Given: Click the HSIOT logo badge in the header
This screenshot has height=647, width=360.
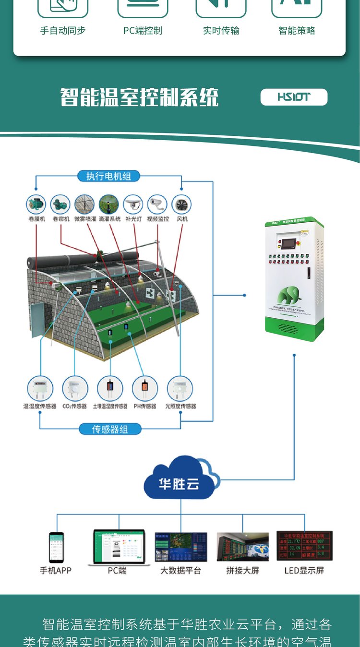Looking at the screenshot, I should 294,97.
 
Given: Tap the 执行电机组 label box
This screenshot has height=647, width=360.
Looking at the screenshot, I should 108,176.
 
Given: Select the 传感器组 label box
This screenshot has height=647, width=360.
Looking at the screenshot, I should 110,429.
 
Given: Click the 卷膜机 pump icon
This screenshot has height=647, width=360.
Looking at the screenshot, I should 36,204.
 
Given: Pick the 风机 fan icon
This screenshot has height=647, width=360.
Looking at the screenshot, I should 181,204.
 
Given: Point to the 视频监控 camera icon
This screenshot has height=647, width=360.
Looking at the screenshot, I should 157,204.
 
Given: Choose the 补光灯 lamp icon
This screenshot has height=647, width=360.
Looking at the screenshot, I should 133,204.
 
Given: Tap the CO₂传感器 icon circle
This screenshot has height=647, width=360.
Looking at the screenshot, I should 75,388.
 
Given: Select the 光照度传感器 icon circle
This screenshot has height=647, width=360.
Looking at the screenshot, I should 180,388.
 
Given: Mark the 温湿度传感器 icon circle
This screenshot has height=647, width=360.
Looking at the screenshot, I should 40,388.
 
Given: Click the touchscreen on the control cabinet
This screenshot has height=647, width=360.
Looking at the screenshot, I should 289,243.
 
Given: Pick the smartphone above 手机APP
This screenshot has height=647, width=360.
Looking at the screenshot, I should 56,547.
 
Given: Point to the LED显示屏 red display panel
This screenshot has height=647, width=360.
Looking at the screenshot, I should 304,546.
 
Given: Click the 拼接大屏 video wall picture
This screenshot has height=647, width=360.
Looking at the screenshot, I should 243,546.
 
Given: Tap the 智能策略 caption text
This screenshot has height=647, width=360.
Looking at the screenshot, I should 297,31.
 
